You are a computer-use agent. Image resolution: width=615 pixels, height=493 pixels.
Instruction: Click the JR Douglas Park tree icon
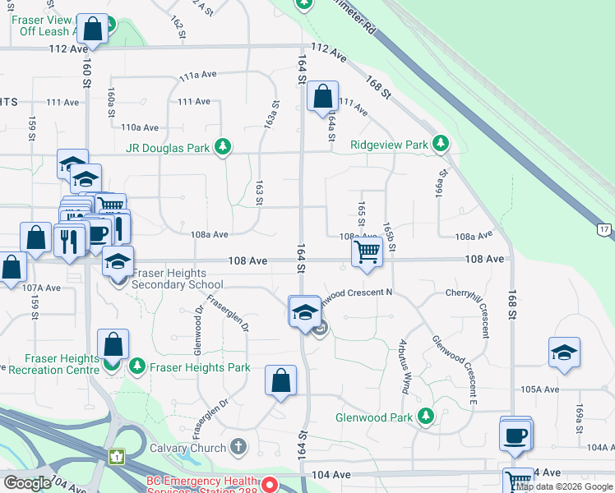click(x=221, y=146)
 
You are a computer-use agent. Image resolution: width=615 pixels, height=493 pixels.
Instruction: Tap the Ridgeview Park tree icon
click(x=441, y=144)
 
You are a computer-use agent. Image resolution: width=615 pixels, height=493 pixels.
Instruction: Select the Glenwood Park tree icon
click(x=425, y=417)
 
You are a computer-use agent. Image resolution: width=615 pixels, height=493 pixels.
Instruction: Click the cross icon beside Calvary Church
click(x=238, y=447)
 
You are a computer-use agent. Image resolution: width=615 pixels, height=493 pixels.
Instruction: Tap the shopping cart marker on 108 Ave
click(x=367, y=251)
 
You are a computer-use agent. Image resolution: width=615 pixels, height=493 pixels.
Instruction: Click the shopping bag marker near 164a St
click(x=323, y=96)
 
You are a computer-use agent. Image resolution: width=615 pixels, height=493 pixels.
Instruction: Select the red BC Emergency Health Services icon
click(x=268, y=483)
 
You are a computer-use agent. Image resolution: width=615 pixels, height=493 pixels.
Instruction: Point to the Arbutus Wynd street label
click(x=405, y=366)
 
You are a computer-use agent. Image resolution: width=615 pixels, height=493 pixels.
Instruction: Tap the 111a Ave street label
click(x=197, y=75)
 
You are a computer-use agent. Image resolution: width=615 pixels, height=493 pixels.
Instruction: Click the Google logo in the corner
click(x=27, y=483)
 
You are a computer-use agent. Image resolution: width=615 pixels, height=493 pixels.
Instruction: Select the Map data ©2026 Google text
click(x=564, y=487)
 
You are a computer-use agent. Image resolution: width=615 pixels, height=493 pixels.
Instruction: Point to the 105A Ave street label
click(x=539, y=389)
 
